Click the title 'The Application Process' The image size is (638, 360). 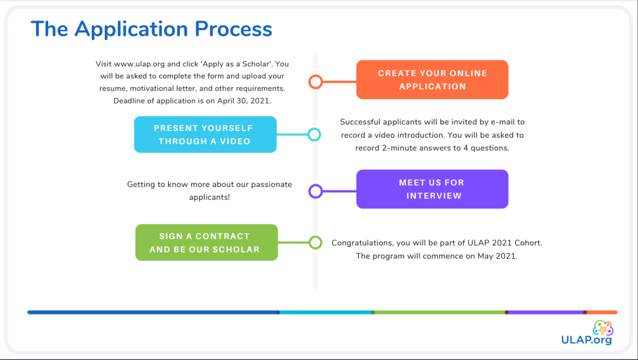point(152,29)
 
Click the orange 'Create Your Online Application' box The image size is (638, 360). point(432,79)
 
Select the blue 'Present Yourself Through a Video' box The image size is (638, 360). point(205,134)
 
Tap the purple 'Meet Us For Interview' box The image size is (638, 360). point(432,189)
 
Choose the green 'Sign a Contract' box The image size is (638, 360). point(206,243)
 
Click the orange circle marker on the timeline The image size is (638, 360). point(315,81)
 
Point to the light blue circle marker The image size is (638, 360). point(315,134)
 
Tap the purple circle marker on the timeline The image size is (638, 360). point(315,191)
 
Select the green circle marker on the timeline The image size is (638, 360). point(315,242)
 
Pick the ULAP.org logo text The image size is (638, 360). point(587,340)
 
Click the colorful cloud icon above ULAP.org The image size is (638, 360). point(602,327)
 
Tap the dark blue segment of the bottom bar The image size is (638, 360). point(153,312)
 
